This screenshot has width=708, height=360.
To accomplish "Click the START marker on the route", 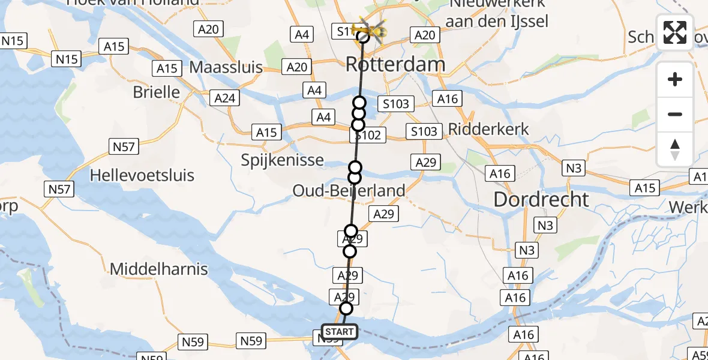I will pyautogui.click(x=340, y=332).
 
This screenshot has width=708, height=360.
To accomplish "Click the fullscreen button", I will pyautogui.click(x=675, y=32).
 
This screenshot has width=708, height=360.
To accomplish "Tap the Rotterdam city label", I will pyautogui.click(x=395, y=64).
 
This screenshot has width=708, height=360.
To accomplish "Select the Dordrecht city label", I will pyautogui.click(x=541, y=199).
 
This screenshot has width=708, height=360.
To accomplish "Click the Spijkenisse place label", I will pyautogui.click(x=282, y=160).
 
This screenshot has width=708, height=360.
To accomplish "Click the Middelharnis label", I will pyautogui.click(x=158, y=269).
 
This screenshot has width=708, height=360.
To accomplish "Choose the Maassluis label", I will pyautogui.click(x=226, y=67).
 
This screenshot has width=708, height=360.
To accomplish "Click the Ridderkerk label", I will pyautogui.click(x=489, y=129).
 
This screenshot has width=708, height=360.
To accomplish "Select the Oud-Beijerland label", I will pyautogui.click(x=349, y=191).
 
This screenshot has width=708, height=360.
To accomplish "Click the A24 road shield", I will pyautogui.click(x=225, y=98).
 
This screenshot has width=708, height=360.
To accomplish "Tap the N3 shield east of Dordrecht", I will pyautogui.click(x=574, y=168).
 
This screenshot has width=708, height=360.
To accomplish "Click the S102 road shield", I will pyautogui.click(x=368, y=136).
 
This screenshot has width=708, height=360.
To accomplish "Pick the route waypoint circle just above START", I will pyautogui.click(x=346, y=308).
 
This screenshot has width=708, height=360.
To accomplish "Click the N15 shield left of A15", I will pyautogui.click(x=66, y=59).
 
